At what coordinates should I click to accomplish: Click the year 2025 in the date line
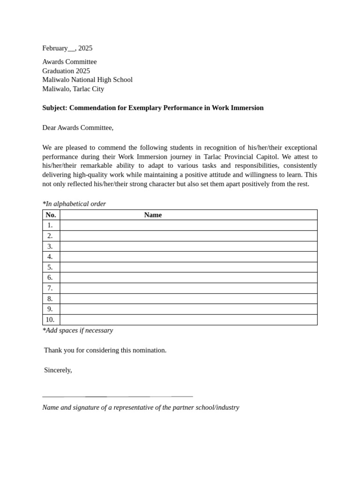pos(85,48)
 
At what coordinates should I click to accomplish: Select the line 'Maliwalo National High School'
pos(87,80)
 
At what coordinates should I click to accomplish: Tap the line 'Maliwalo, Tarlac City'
pos(73,89)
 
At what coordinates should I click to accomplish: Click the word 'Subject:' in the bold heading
pos(55,108)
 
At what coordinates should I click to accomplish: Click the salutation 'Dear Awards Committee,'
pos(78,127)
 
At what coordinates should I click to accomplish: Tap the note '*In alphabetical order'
pos(74,204)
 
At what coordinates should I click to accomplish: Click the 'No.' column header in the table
pos(51,215)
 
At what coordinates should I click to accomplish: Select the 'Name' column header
pos(153,215)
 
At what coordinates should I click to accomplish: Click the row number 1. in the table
pos(50,225)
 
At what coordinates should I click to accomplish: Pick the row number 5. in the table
pos(50,267)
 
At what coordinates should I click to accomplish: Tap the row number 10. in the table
pos(50,320)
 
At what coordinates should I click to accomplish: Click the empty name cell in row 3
pos(188,247)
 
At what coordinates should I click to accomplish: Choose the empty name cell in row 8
pos(188,299)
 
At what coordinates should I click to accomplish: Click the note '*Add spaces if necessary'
pos(78,330)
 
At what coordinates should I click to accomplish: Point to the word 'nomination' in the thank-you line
pos(149,350)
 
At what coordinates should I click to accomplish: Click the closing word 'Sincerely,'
pos(58,370)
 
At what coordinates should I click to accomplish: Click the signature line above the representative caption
pos(117,397)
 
